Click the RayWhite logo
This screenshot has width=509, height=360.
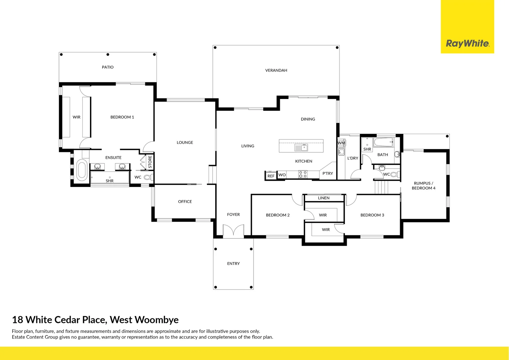(467, 43)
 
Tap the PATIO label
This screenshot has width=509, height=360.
(108, 67)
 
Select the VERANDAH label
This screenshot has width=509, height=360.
(276, 70)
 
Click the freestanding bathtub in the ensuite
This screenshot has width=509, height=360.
(82, 170)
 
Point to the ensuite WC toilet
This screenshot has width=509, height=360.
(148, 177)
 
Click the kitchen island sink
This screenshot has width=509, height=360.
(301, 147)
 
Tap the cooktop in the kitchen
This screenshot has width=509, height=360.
(303, 174)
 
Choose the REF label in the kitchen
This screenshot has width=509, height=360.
(271, 176)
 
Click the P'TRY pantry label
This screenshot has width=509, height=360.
(327, 173)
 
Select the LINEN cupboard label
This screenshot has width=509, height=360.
(324, 198)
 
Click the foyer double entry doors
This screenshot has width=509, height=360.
(234, 231)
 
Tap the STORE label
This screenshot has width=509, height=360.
(150, 162)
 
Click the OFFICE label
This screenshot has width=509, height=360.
(185, 202)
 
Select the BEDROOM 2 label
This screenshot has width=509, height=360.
(278, 215)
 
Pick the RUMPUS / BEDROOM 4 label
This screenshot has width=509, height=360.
(423, 186)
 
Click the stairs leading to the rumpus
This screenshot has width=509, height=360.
(381, 187)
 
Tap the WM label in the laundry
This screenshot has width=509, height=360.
(341, 143)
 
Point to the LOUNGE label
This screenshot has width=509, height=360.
(185, 143)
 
